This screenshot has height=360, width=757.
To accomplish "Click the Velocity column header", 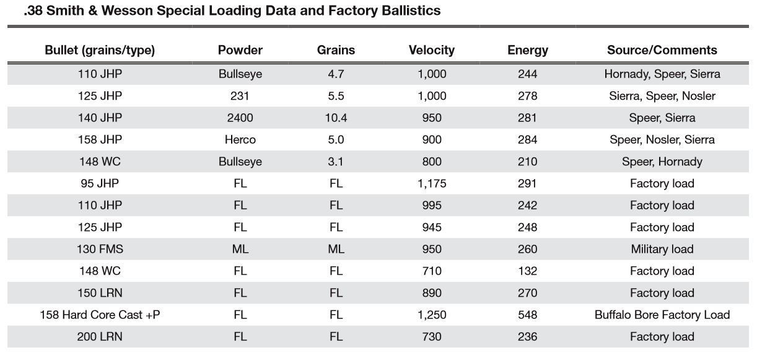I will tap(431, 50).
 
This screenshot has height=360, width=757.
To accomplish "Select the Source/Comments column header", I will tap(662, 50).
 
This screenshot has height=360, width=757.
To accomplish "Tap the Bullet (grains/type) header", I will tap(100, 50).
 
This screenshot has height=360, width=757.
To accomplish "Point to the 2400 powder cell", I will tap(240, 118).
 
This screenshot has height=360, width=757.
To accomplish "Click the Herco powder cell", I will tap(240, 139).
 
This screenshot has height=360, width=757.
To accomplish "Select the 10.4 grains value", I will tap(336, 118).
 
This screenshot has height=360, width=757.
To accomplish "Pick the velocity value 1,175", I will tap(431, 183).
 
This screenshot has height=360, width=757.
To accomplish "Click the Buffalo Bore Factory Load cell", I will tap(662, 315).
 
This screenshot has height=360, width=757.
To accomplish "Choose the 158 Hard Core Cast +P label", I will tap(100, 315).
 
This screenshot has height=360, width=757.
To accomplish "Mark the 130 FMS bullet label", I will tap(100, 249).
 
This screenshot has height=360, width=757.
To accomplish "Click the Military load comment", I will tap(662, 249).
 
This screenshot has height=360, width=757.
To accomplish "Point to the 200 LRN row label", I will tap(100, 336).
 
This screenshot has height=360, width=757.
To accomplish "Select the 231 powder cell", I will tap(240, 96).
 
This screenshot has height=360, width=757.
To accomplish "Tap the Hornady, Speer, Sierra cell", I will tap(662, 74).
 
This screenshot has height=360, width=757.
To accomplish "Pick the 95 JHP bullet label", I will tap(100, 183).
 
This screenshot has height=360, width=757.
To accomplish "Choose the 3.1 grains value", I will tap(336, 162).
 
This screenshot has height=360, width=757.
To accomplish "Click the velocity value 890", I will tap(431, 293).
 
